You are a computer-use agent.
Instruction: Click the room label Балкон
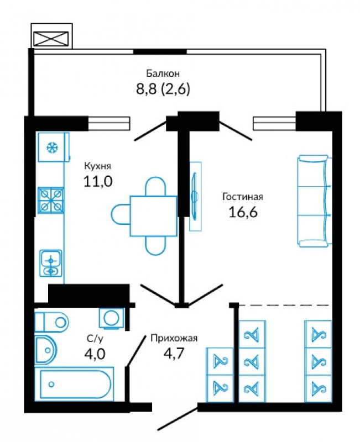[x=163, y=73]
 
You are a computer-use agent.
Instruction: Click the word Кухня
[x=98, y=166]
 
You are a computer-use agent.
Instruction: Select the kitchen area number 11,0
[x=98, y=181]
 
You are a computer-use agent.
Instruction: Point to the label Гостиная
[x=243, y=197]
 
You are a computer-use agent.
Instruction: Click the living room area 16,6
[x=243, y=212]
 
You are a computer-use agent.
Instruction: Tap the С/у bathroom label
[x=95, y=338]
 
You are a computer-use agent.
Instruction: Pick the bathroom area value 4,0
[x=95, y=354]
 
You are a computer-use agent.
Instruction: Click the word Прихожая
[x=174, y=338]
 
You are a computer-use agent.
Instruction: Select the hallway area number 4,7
[x=174, y=352]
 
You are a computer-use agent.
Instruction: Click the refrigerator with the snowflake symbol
[x=53, y=147]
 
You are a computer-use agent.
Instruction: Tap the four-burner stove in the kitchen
[x=51, y=201]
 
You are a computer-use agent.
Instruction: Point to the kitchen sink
[x=51, y=264]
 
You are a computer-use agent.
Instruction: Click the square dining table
[x=154, y=216]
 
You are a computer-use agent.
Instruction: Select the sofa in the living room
[x=314, y=201]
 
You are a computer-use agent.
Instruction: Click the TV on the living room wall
[x=195, y=196]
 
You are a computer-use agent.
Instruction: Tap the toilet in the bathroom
[x=51, y=322]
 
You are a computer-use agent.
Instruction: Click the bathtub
[x=74, y=384]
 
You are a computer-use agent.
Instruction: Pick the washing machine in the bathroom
[x=112, y=318]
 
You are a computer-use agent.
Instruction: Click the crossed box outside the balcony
[x=51, y=39]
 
